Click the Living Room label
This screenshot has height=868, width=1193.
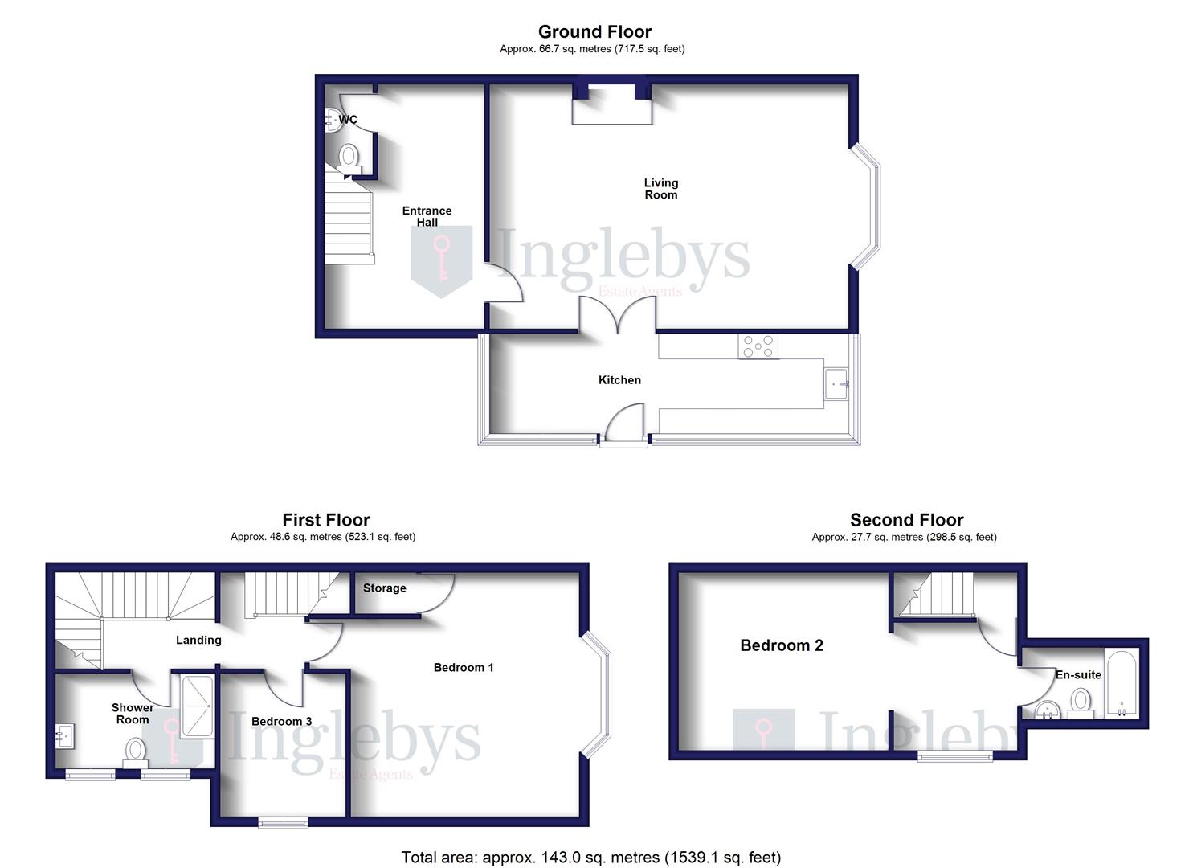point(660,189)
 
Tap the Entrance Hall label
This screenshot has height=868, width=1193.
point(427,216)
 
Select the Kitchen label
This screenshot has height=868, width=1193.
point(619,380)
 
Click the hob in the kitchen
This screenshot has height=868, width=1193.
point(759,346)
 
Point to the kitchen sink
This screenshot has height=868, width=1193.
point(836,384)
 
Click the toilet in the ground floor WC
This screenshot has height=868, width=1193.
point(349,157)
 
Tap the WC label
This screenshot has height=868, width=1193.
point(348,120)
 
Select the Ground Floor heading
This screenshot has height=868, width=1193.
point(594,32)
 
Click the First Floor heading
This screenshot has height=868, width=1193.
point(325,520)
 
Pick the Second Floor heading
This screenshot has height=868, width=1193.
point(906,520)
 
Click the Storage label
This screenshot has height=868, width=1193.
point(384,588)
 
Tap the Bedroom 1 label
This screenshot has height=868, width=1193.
point(464,667)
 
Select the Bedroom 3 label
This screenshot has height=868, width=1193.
point(281,722)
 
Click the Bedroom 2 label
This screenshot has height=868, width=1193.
point(781,645)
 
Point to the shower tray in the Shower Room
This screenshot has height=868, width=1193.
point(197,706)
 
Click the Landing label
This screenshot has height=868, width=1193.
point(198,641)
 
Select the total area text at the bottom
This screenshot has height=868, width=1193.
point(590,858)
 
